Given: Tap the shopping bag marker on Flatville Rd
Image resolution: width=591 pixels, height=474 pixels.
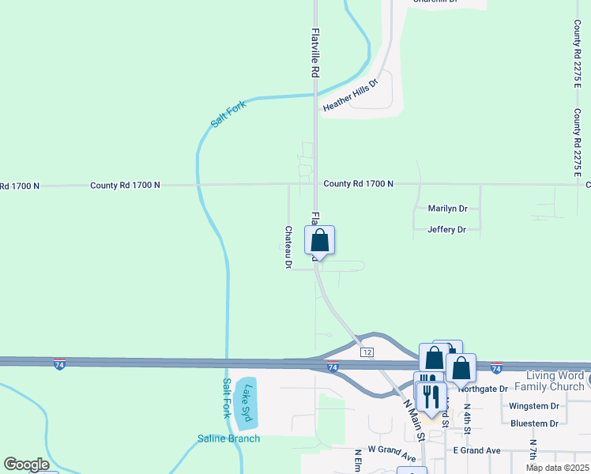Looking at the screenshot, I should coord(320,241).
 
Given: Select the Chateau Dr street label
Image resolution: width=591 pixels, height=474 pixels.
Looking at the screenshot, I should coord(288,248).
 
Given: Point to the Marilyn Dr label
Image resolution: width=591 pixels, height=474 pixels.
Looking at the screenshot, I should coord(447,209).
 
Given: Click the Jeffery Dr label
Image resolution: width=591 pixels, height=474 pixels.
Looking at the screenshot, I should coord(446,230).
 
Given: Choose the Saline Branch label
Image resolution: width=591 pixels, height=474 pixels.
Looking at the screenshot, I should coord(228,439).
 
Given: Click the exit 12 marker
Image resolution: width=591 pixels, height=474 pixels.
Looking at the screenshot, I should coord(367,351).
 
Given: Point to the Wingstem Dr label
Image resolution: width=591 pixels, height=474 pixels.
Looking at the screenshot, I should coord(535,406).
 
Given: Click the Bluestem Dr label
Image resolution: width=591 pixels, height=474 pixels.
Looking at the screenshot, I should coord(535,423).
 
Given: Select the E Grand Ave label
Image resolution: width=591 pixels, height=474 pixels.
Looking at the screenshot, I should coord(476,450).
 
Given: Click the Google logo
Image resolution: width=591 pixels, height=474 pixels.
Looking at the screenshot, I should coord(26,465).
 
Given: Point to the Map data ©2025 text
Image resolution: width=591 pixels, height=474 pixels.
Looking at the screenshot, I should coord(557,468).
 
